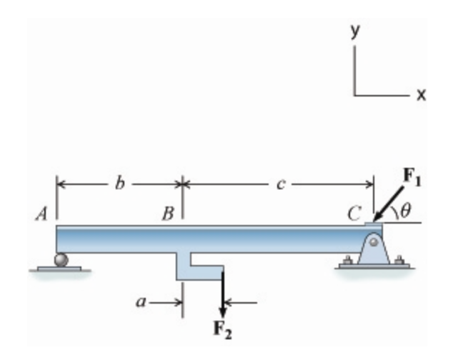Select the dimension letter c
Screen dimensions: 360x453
pos(281,184)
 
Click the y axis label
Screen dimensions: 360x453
pos(354,31)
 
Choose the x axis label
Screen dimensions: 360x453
pos(422,94)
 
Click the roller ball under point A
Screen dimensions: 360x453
pos(62,259)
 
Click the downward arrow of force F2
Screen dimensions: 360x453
pos(223,293)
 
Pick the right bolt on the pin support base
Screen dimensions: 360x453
pos(399,260)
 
